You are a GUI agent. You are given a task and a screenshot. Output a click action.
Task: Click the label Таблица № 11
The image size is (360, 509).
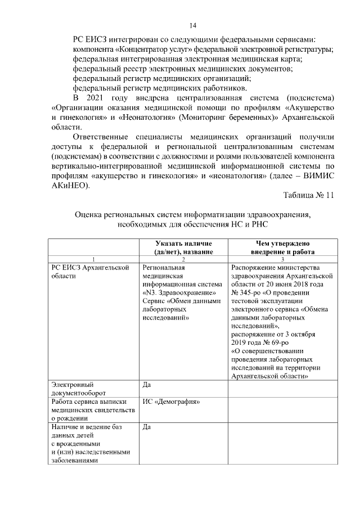309,195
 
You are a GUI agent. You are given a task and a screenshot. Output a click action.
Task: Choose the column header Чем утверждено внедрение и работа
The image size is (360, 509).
282,247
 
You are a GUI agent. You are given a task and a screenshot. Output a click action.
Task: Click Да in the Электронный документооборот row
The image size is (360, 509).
147,385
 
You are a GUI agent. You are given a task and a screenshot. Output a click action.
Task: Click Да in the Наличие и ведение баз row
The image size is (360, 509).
147,427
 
